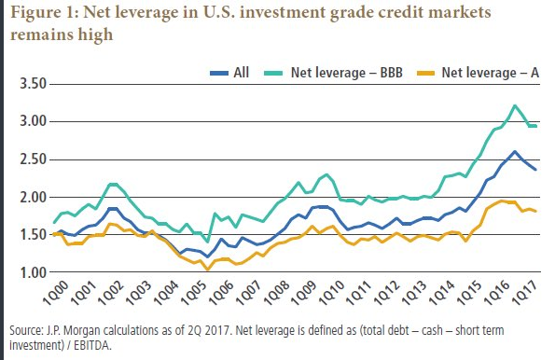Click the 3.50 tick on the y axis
click(x=34, y=84)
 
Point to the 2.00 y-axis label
click(x=34, y=197)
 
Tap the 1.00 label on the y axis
click(x=34, y=272)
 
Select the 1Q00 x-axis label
click(x=56, y=293)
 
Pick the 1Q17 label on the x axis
click(x=525, y=293)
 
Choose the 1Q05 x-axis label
click(x=193, y=293)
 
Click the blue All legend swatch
click(x=219, y=74)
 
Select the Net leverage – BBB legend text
click(x=346, y=73)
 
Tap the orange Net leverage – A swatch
click(x=425, y=74)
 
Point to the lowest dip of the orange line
click(x=208, y=269)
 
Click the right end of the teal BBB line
click(x=535, y=126)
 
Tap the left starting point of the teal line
click(x=54, y=222)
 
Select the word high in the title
click(x=95, y=35)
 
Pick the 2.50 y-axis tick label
click(x=34, y=159)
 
